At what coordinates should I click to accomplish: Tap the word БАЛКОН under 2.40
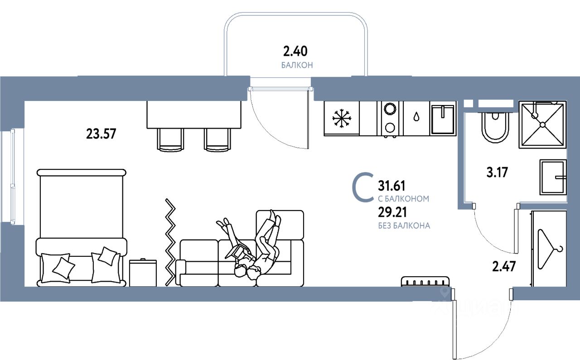[x=297, y=65]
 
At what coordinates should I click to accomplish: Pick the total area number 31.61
[x=391, y=186]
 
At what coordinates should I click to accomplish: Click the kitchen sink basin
[x=442, y=119]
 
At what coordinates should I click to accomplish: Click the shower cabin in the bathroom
[x=542, y=124]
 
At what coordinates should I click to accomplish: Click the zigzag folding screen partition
[x=170, y=242]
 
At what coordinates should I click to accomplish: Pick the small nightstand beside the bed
[x=143, y=273]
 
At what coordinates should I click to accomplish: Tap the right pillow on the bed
[x=106, y=257]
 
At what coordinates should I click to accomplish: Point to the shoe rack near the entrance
[x=425, y=281]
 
